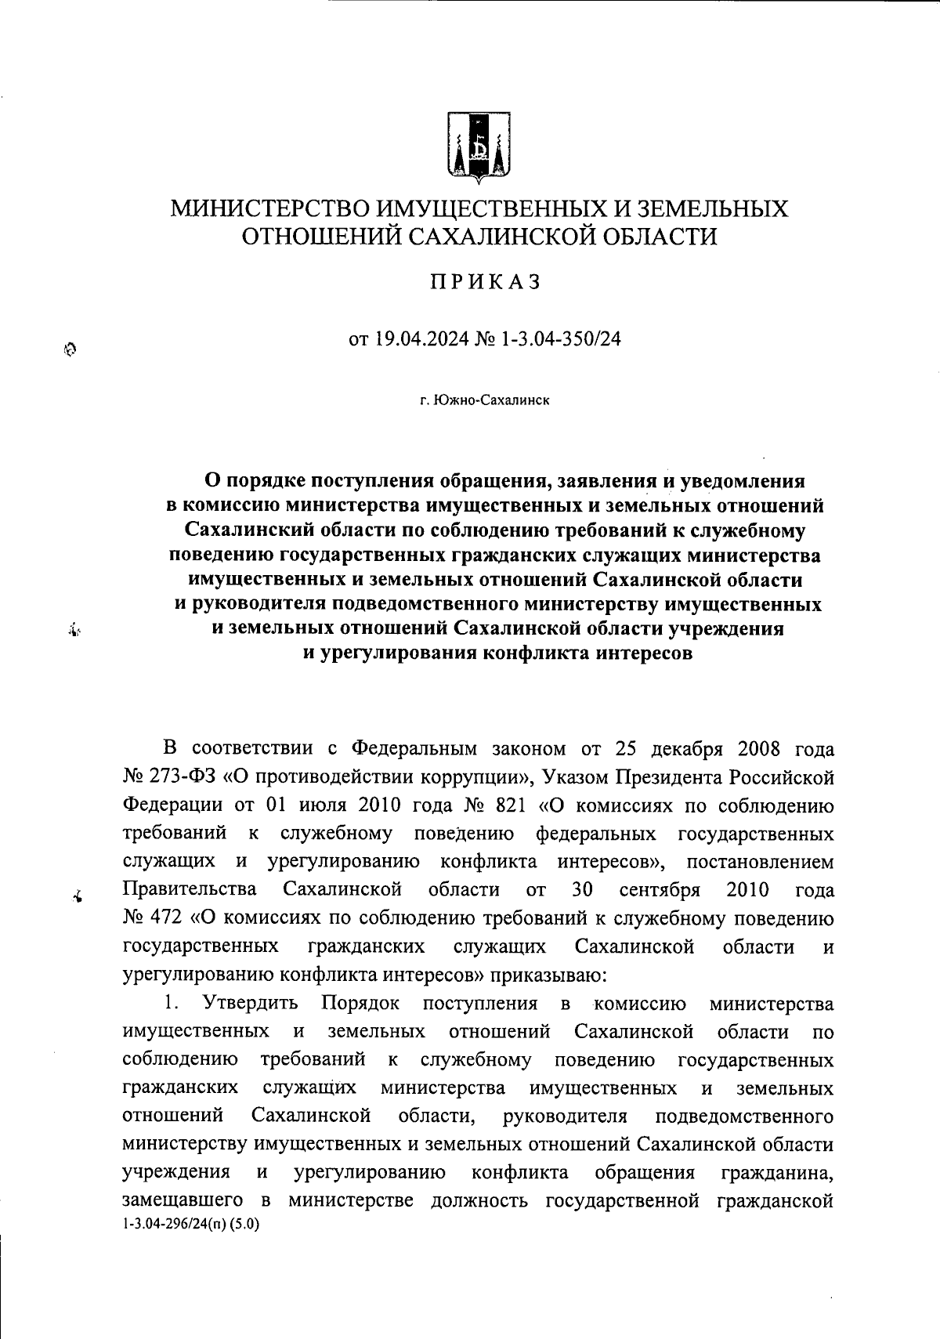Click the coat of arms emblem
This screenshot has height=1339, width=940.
[x=479, y=145]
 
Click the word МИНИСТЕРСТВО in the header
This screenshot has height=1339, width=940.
[x=271, y=209]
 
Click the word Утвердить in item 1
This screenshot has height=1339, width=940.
[x=251, y=1004]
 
